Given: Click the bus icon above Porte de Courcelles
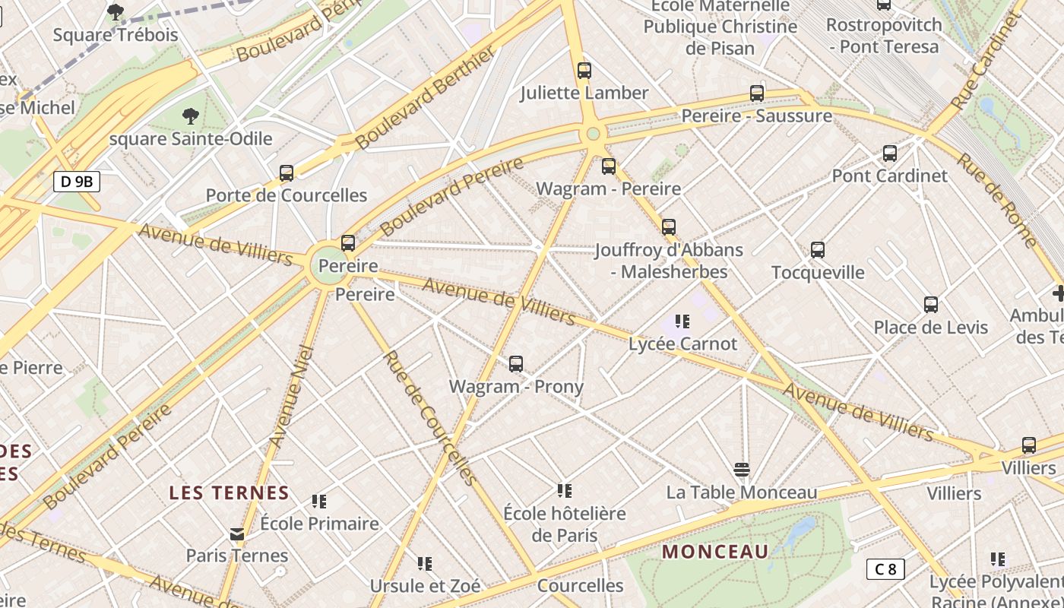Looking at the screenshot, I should coord(287,173).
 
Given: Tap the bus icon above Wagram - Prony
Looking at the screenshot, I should coord(516,364).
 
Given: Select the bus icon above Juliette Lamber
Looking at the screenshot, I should coord(584,71).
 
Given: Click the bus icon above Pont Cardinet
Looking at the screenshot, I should coord(890,154).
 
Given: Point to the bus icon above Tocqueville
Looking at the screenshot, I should coord(818,250).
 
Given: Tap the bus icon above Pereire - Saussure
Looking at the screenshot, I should coord(757,93).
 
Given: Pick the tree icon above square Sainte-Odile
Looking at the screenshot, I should coord(191,116).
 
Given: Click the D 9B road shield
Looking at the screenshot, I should coord(77,182).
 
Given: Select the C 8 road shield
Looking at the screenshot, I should coord(885,568).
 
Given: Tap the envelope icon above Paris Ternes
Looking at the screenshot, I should coord(238,534).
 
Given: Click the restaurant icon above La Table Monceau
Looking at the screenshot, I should coord(742,470).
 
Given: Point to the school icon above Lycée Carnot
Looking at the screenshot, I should coord(682,321).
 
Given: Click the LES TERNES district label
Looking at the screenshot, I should coord(229,492).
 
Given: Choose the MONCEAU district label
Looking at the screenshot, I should coord(715,552).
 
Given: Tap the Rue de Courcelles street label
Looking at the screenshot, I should coord(429,418).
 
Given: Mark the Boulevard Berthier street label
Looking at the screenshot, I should coord(425,97).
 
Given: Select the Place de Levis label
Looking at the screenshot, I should coord(930,328).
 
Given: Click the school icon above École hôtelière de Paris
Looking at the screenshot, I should coord(564,490).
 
